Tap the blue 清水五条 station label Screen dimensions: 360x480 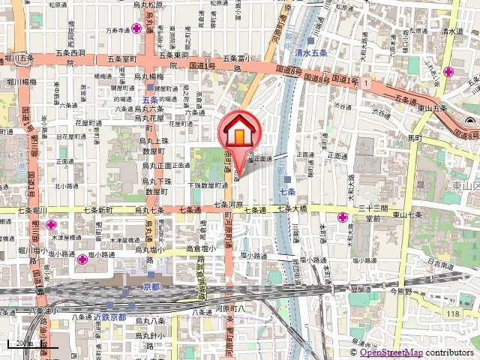tap(310, 53)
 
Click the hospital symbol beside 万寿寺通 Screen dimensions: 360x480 tap(136, 29)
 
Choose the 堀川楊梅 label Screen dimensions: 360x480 tap(22, 77)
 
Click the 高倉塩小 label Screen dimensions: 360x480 tap(200, 248)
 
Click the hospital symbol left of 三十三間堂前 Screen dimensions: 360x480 tap(342, 217)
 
